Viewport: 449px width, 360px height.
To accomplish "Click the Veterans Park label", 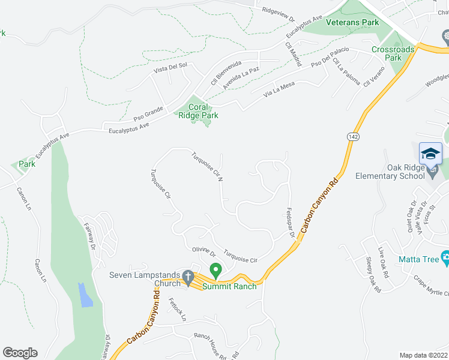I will tap(352, 22).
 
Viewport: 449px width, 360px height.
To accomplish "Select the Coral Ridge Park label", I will tap(198, 111).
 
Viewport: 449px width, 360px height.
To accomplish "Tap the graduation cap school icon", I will tap(430, 154).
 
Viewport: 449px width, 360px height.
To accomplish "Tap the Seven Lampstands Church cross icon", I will tap(187, 277).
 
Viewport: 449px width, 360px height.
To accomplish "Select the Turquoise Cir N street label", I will tap(208, 167).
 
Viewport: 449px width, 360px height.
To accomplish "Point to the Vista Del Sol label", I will tap(170, 69).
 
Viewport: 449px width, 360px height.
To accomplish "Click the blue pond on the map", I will tap(86, 294).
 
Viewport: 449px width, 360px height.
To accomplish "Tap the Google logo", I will tap(20, 353).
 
